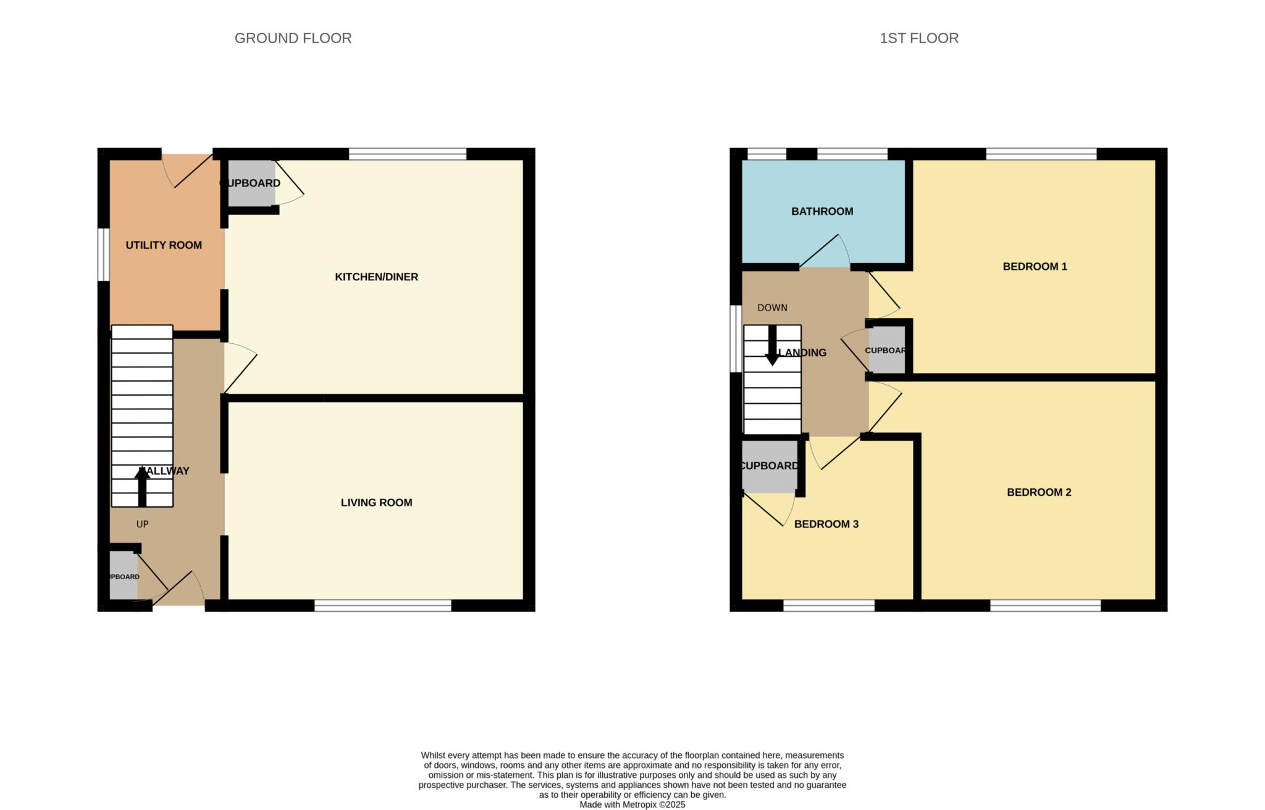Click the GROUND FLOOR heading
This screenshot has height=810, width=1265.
(x=293, y=38)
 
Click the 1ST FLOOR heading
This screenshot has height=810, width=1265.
(x=918, y=38)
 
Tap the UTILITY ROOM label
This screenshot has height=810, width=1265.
(x=164, y=245)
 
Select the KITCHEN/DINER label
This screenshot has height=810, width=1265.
(x=376, y=277)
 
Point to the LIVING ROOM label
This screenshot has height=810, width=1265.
(x=376, y=503)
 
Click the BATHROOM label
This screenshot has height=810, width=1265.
(x=822, y=211)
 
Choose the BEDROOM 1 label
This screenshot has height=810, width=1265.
(x=1035, y=267)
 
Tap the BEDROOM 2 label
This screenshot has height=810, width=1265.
(x=1039, y=492)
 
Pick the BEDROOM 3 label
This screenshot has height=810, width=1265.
(x=826, y=524)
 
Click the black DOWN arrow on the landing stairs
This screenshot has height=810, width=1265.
(x=772, y=345)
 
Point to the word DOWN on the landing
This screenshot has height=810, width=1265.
(x=772, y=307)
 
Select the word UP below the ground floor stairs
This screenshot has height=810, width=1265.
(x=142, y=524)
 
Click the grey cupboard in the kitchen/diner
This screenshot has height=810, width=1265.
(x=251, y=183)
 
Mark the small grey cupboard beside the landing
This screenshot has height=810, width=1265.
(x=886, y=351)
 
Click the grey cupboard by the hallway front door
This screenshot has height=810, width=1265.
(x=124, y=576)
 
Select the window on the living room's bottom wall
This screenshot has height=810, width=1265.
(x=383, y=606)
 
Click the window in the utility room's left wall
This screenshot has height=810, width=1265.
(x=104, y=254)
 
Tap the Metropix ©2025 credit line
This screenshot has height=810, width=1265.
(x=632, y=804)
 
